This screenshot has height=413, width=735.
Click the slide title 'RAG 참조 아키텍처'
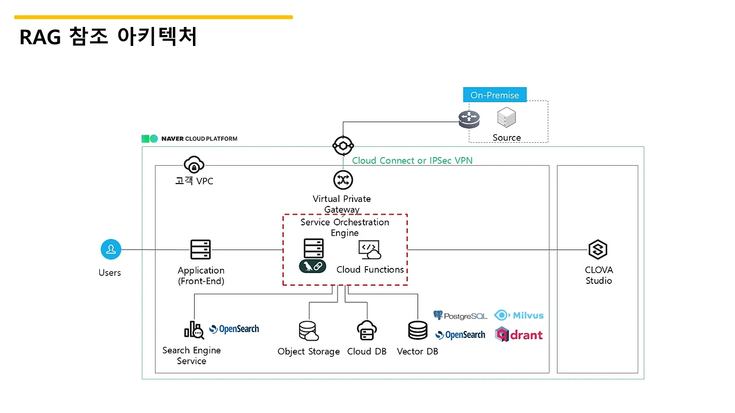[109, 37]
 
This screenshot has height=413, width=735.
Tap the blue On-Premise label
[494, 95]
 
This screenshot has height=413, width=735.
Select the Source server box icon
[506, 118]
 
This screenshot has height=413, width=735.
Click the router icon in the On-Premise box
[469, 119]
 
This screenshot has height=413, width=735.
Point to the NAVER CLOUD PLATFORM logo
[189, 139]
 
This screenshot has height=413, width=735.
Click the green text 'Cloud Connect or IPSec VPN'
[412, 161]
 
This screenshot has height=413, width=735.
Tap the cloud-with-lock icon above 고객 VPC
[194, 165]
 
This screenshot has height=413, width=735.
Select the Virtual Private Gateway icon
[343, 180]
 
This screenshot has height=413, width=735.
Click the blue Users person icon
[111, 250]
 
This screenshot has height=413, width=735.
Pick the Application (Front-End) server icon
[200, 250]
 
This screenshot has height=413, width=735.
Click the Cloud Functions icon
[370, 250]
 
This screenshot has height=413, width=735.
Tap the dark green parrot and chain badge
[312, 266]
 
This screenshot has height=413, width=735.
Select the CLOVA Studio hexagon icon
[598, 250]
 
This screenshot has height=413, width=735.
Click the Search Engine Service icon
[194, 330]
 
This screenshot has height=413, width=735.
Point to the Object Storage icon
[308, 331]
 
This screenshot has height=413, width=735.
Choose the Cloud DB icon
[366, 331]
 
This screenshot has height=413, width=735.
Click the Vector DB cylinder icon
[417, 331]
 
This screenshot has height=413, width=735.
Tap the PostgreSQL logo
[461, 315]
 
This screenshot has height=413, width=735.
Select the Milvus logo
[519, 315]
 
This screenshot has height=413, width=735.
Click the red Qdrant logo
[519, 334]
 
